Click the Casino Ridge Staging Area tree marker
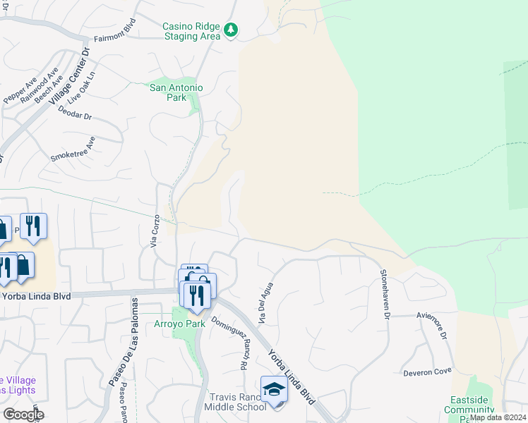click(231, 30)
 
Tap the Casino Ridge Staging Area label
click(191, 31)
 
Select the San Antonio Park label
click(176, 92)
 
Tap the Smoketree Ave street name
click(73, 149)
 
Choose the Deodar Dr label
click(76, 113)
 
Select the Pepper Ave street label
click(20, 91)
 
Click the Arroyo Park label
click(179, 324)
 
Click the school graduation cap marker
click(274, 388)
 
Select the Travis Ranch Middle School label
click(235, 402)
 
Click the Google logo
click(23, 415)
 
